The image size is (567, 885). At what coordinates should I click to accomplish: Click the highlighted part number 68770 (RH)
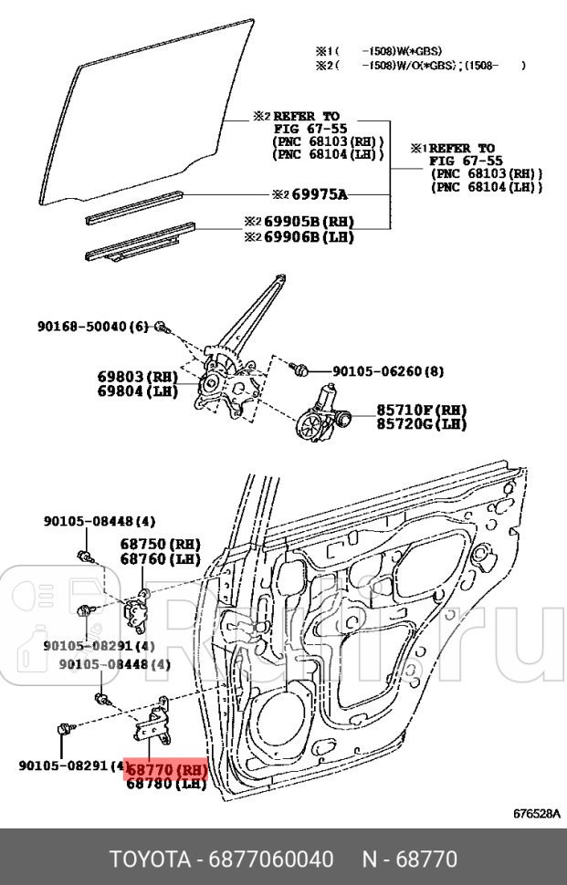pyautogui.click(x=167, y=770)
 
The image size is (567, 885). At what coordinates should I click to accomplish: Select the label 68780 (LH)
pyautogui.click(x=165, y=784)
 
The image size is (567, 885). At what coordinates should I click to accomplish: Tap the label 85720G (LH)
pyautogui.click(x=421, y=424)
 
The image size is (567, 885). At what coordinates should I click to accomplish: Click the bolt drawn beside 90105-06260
pyautogui.click(x=298, y=370)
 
